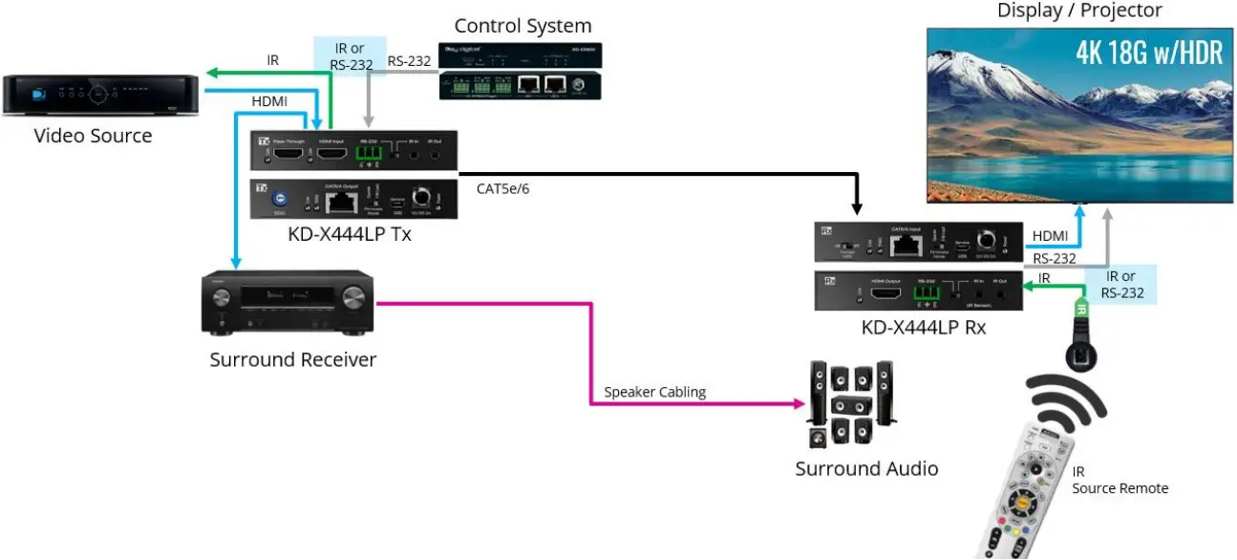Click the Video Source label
93,136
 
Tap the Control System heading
523,26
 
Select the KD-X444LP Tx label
350,233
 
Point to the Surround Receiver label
293,359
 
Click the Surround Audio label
866,468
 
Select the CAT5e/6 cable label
502,189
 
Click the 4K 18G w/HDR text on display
1149,53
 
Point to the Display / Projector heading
1079,11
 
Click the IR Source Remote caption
1120,481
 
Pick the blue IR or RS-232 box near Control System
350,55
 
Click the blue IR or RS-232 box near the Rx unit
1121,285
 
